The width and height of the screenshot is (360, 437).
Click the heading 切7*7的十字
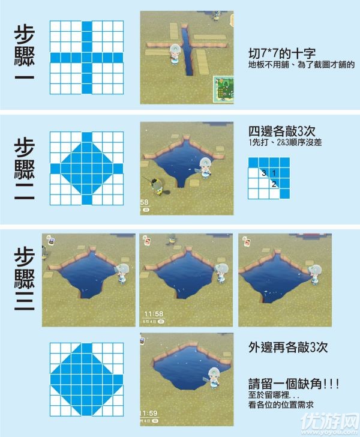[x=282, y=53]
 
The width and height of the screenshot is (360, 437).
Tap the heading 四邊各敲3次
[x=282, y=131]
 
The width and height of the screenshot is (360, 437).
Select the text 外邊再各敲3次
[x=288, y=347]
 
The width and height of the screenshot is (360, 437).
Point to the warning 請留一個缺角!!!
[x=293, y=384]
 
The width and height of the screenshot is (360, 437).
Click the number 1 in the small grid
[x=274, y=173]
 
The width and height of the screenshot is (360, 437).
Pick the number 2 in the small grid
[x=274, y=184]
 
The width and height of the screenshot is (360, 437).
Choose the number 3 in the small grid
[x=264, y=173]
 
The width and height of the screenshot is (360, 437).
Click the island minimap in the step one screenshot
[x=223, y=89]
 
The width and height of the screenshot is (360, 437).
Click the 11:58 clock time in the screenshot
[x=154, y=314]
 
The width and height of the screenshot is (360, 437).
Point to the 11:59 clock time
[x=149, y=413]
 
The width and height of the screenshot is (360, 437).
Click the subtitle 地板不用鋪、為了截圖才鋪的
[x=301, y=65]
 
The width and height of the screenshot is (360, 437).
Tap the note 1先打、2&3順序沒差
[x=285, y=142]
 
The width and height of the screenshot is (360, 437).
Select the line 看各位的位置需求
[x=281, y=405]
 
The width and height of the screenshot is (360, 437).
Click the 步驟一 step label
[x=24, y=53]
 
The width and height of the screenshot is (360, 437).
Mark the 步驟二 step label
[x=24, y=169]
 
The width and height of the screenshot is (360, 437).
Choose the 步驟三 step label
[x=24, y=279]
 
